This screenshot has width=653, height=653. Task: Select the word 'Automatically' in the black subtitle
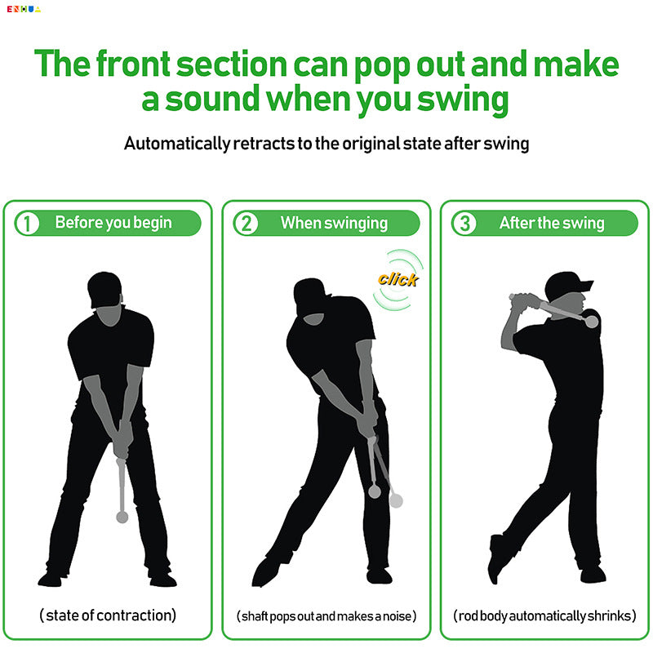[176, 144]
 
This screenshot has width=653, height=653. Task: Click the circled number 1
[28, 224]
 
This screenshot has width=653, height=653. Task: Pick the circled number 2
[246, 224]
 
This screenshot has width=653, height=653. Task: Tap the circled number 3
[464, 224]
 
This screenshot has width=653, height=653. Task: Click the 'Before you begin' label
[113, 223]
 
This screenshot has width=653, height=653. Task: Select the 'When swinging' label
[334, 223]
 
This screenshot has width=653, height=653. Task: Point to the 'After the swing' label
[552, 223]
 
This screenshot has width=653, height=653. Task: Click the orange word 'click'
[398, 279]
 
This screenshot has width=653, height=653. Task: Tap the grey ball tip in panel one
[122, 517]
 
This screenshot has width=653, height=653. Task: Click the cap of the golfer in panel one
[105, 287]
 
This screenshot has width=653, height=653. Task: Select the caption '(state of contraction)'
[109, 615]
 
